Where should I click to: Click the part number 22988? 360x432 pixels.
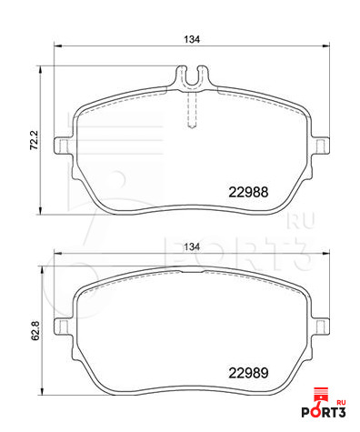[248, 192]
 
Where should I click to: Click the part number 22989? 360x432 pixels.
[248, 373]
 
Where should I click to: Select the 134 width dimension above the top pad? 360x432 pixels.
[192, 39]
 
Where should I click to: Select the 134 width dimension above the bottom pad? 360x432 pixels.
[192, 246]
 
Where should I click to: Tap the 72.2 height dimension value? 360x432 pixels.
[34, 140]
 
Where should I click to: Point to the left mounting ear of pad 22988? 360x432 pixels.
[63, 146]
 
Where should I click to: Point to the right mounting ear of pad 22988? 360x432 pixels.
[321, 146]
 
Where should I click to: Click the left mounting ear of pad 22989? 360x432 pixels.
[63, 327]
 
